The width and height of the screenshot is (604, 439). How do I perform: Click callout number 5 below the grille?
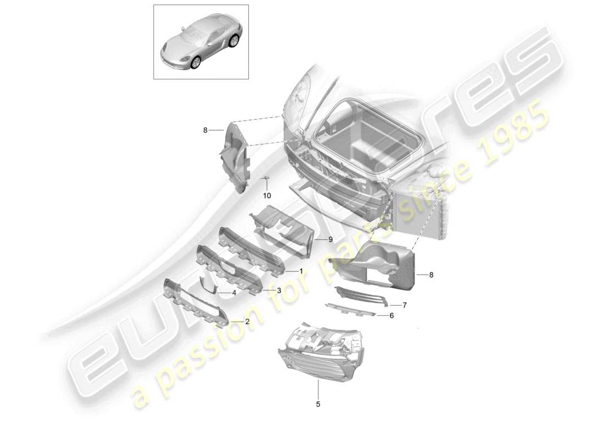click(318, 404)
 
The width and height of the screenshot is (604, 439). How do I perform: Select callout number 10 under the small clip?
click(267, 195)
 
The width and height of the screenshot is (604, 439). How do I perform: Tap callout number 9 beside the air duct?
click(331, 239)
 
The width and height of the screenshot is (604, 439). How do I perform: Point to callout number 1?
click(301, 271)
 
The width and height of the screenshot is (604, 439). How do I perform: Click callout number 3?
click(279, 290)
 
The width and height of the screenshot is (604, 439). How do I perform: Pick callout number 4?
click(234, 293)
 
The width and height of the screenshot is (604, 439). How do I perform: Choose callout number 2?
click(247, 322)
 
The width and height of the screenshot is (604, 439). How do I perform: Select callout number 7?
click(404, 305)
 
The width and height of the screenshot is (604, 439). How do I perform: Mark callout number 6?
click(392, 316)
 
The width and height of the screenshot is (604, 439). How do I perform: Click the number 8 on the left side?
click(205, 130)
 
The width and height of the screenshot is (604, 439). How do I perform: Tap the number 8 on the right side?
click(431, 274)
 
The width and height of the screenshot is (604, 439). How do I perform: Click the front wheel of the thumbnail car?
click(196, 64)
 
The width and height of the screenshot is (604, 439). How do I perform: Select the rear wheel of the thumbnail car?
click(234, 41)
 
